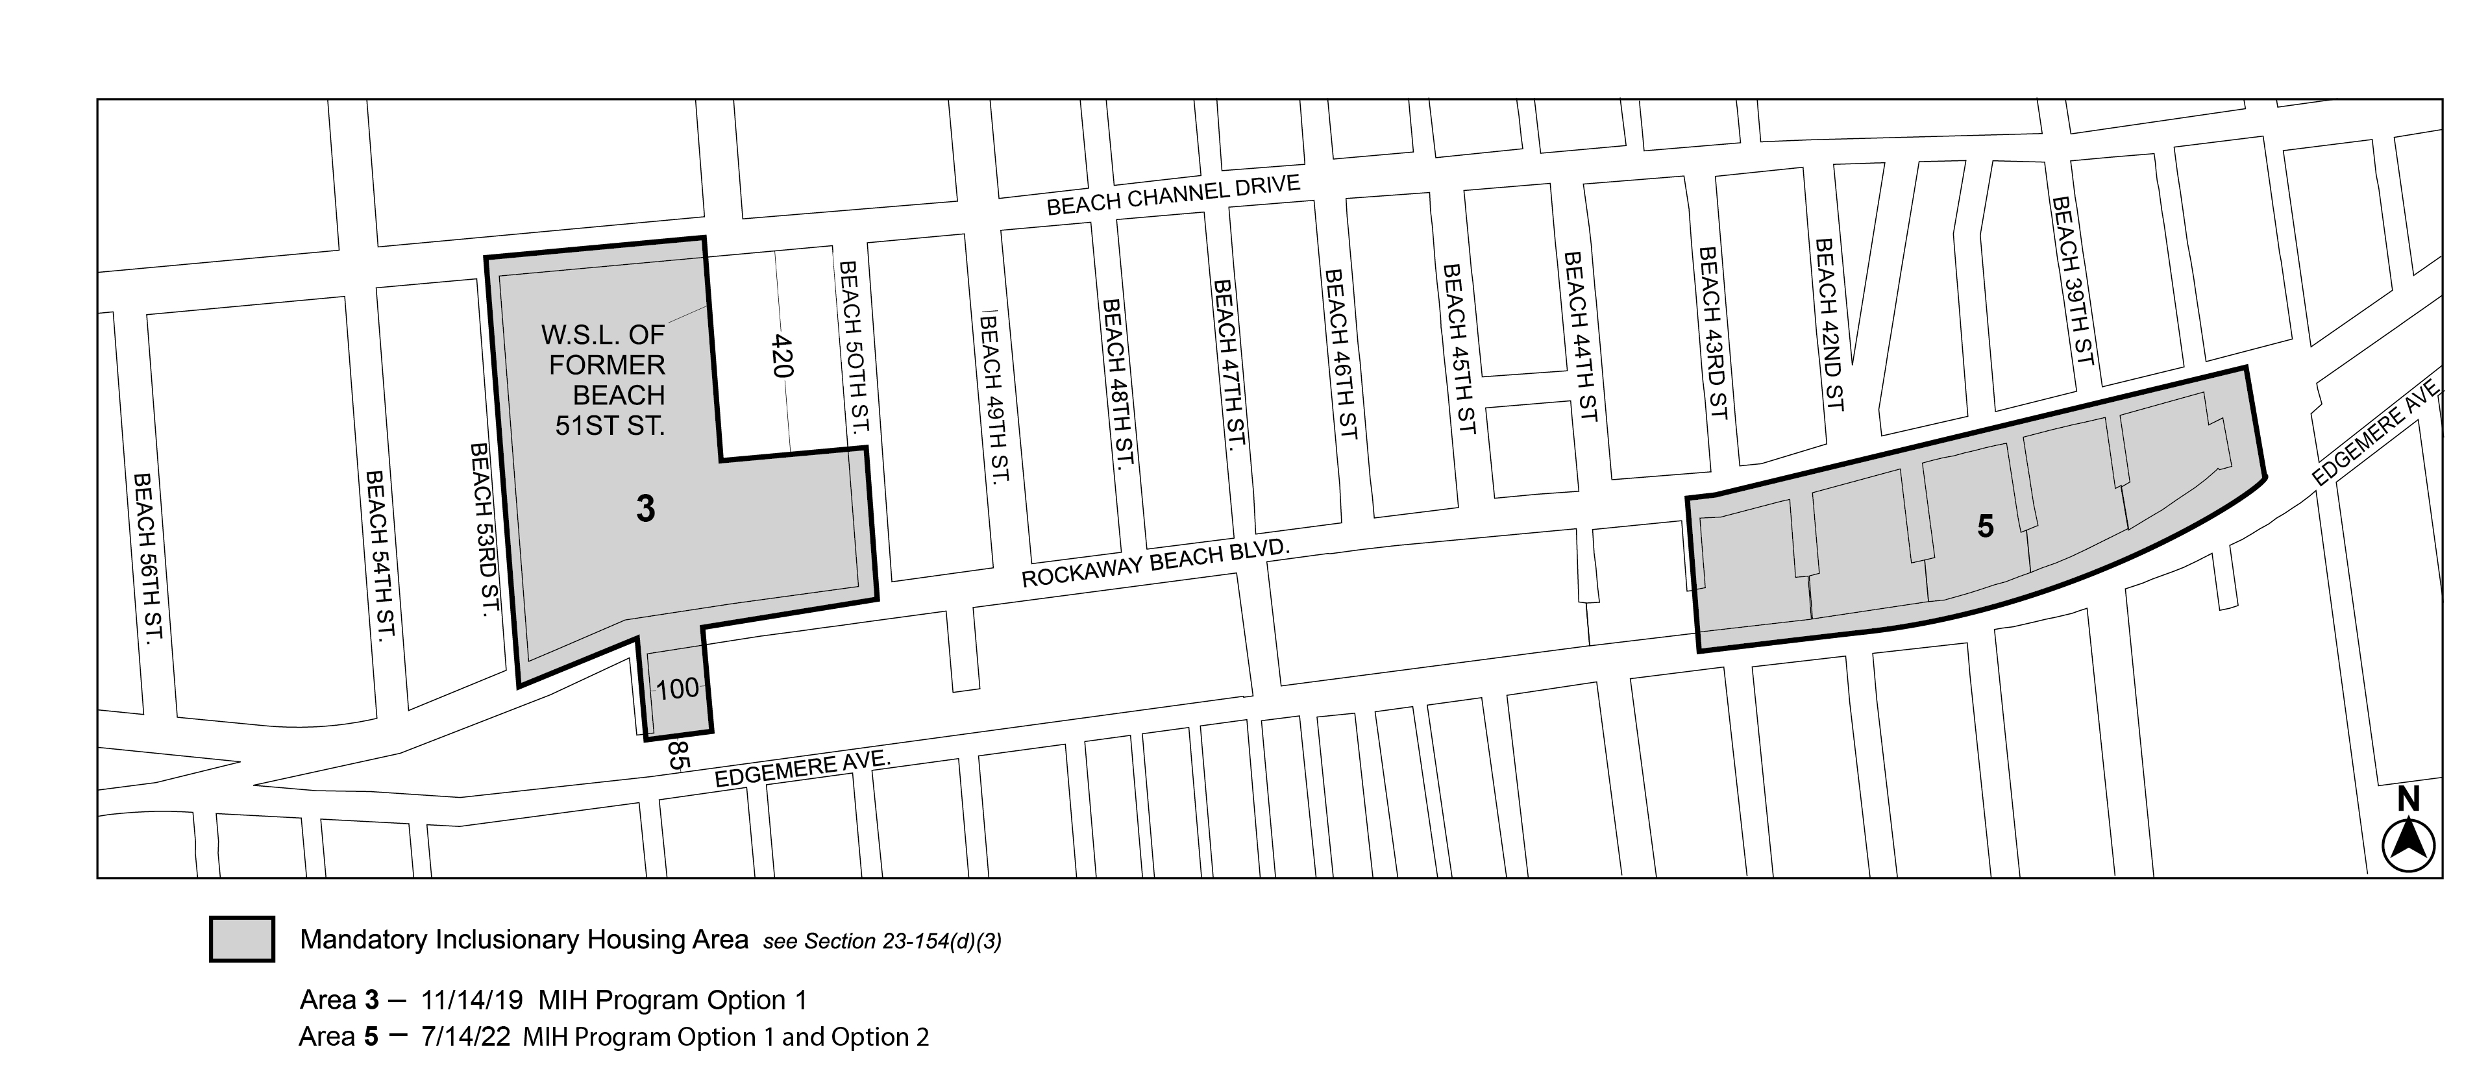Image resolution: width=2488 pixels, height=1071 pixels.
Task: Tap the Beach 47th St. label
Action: pos(1227,364)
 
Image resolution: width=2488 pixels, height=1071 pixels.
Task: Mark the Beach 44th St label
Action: pos(1580,335)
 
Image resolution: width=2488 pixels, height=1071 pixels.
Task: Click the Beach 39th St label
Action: pos(2073,280)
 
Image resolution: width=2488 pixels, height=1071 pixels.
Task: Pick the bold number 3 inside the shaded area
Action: pos(646,508)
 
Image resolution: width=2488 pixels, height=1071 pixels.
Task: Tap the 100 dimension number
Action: pos(676,689)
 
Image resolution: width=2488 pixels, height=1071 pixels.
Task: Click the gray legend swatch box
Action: pos(241,939)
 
